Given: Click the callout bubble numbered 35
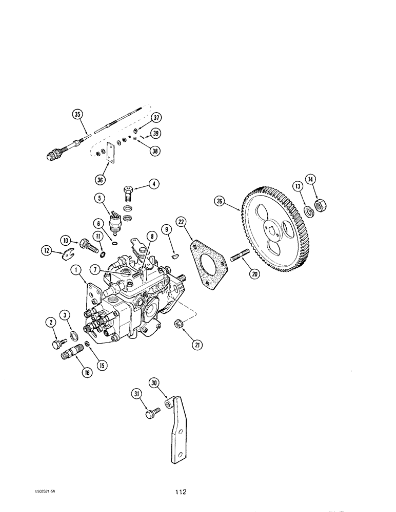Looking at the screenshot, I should pos(77,115).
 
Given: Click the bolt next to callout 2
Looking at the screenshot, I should pos(57,343).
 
